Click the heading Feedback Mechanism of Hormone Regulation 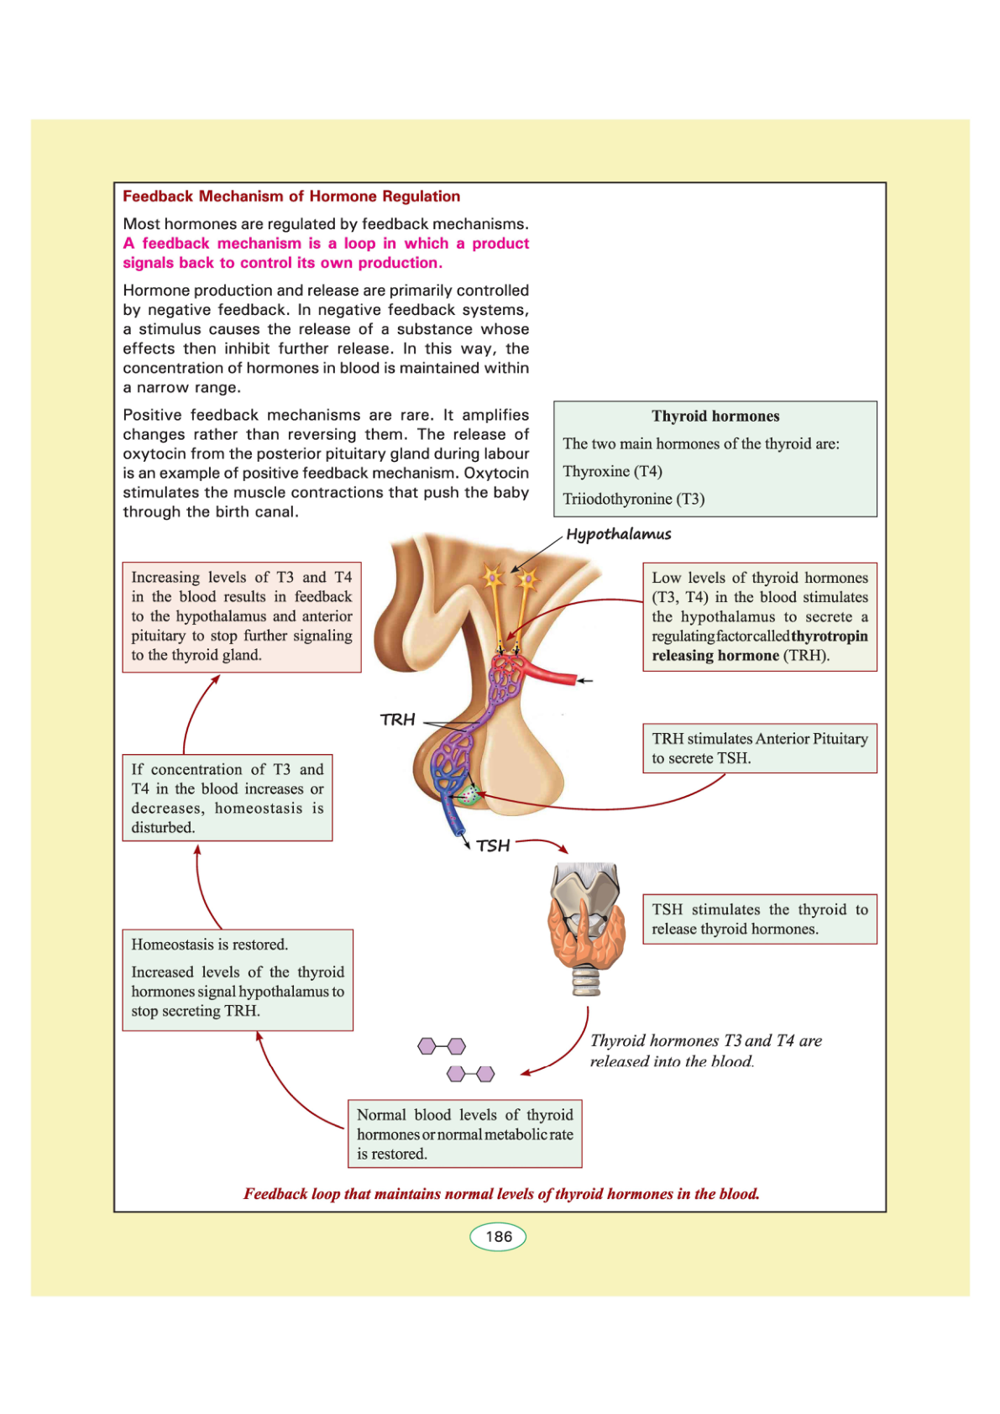click(x=291, y=196)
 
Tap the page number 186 click(x=498, y=1237)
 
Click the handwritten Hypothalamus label click(x=619, y=535)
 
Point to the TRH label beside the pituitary click(x=398, y=720)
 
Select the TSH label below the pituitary click(x=494, y=846)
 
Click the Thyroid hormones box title click(x=715, y=416)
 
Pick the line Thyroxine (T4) click(x=613, y=471)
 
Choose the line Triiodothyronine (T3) click(x=634, y=499)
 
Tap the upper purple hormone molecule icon click(x=442, y=1046)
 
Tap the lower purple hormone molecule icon click(x=471, y=1074)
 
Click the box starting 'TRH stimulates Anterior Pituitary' click(x=760, y=748)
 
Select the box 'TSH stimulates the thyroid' click(x=760, y=919)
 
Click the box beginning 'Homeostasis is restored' click(x=238, y=979)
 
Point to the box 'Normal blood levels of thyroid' click(x=465, y=1134)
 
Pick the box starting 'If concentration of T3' click(x=228, y=798)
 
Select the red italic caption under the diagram click(x=501, y=1194)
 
